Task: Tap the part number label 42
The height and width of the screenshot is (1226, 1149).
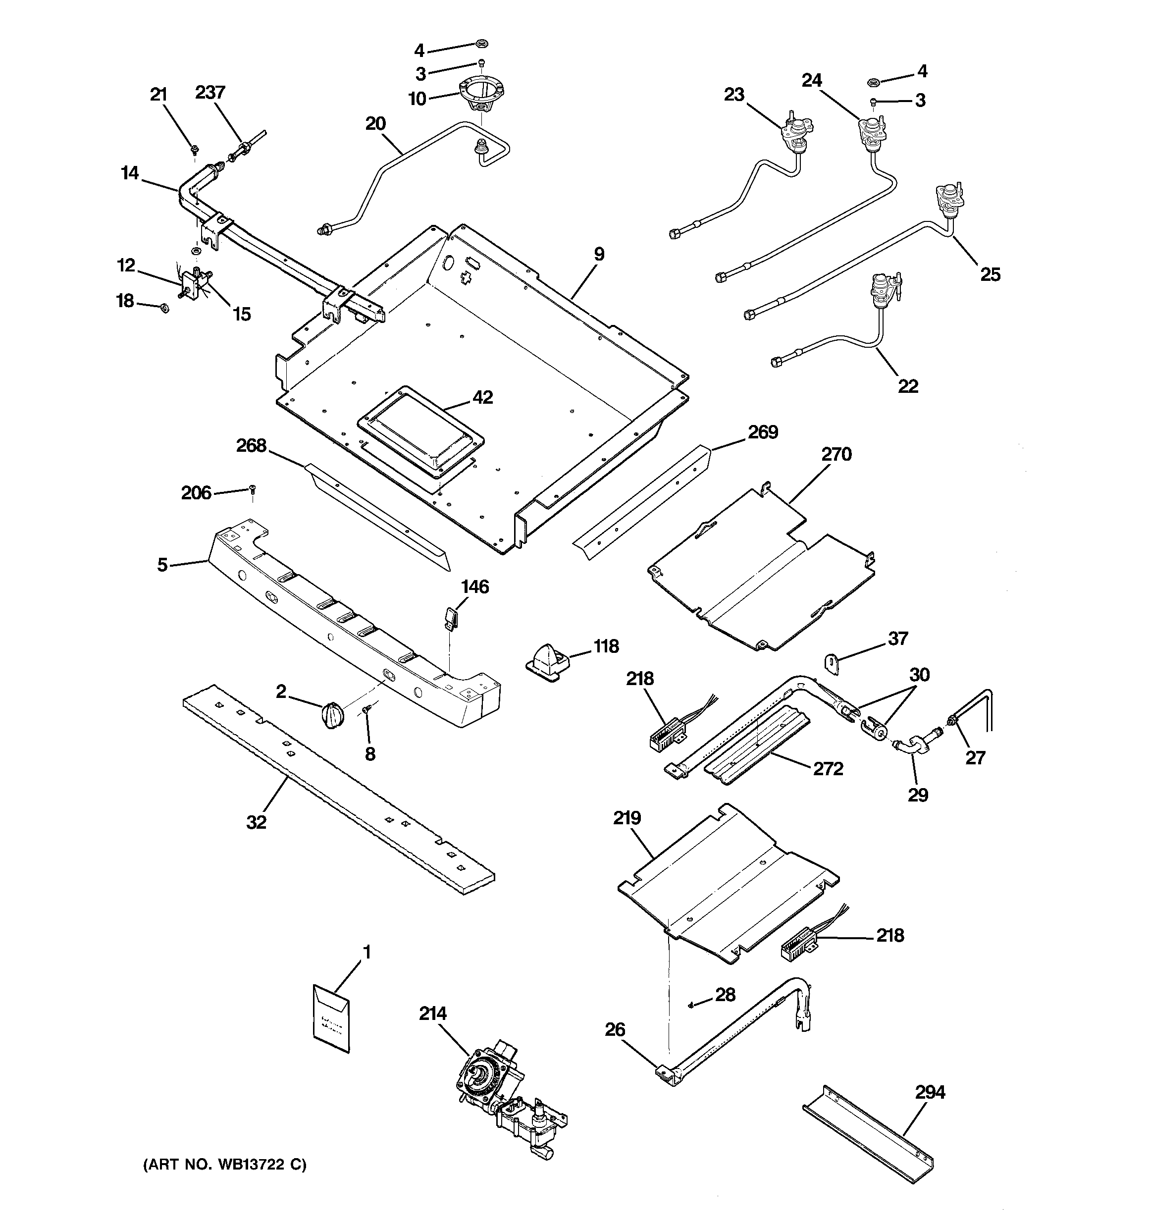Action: click(x=482, y=398)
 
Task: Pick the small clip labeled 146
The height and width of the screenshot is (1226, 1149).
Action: click(x=451, y=617)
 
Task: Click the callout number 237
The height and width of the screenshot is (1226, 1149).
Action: click(x=210, y=93)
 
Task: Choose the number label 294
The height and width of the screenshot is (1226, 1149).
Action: click(x=930, y=1092)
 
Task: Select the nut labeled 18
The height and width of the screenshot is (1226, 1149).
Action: click(x=164, y=307)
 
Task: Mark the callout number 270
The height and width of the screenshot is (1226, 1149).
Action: click(x=836, y=455)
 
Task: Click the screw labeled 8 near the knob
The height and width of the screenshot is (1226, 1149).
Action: click(x=366, y=710)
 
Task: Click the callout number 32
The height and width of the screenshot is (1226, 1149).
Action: click(x=257, y=822)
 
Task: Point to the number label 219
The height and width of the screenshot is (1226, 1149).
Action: click(x=627, y=818)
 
